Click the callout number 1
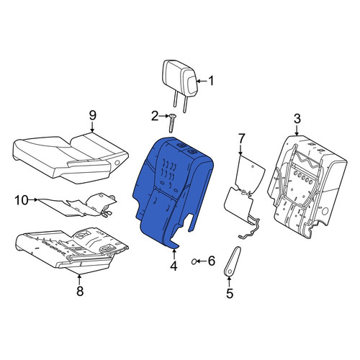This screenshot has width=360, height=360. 211,81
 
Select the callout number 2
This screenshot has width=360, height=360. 155,116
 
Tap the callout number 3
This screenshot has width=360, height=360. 297,119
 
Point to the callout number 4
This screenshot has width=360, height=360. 174,266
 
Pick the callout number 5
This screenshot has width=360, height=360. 230,293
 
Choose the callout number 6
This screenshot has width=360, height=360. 211,261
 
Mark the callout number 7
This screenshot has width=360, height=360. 241,139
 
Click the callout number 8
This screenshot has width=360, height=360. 80,291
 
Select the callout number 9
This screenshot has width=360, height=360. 93,115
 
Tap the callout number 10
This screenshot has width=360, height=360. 22,200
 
